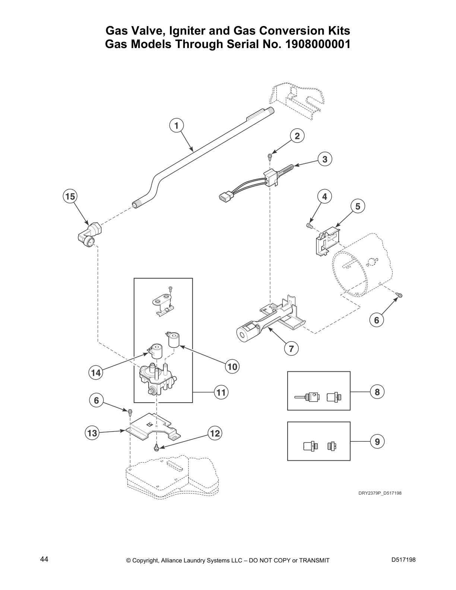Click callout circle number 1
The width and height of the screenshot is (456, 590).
177,125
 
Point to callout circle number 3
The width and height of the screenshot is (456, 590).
325,159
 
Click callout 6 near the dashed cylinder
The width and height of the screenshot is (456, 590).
376,320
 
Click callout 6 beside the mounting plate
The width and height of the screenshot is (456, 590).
96,400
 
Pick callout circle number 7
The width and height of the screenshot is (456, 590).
291,349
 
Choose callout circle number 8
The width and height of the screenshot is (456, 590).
377,392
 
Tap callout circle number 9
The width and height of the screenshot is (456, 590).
377,441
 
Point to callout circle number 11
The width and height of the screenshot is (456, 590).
221,392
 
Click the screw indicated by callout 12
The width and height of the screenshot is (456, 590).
157,446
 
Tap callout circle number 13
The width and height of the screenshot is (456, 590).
92,433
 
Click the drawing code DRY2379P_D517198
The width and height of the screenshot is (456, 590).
380,493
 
